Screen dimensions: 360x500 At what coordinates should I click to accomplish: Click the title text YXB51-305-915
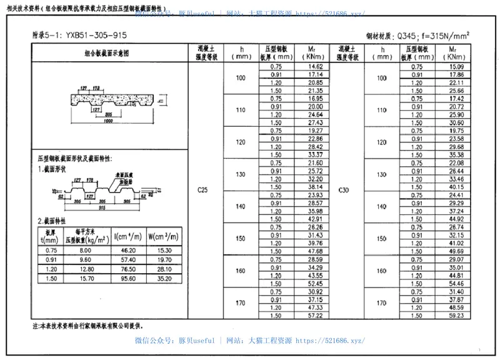(x=87, y=36)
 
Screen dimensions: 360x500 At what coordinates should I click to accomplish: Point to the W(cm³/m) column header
(x=164, y=237)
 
